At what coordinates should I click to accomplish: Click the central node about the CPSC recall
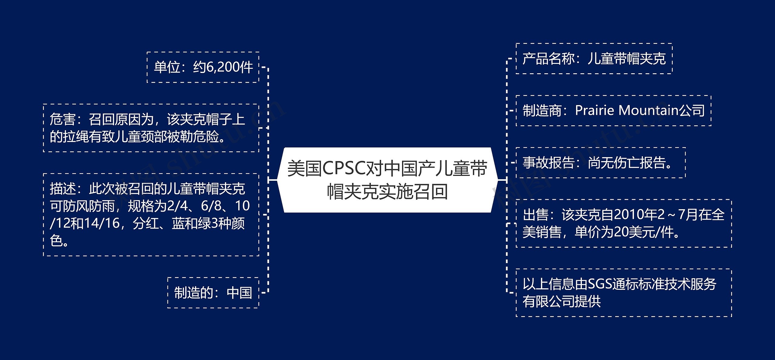(x=387, y=180)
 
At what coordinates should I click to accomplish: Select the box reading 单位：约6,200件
(x=203, y=67)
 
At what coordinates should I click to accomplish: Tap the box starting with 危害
(x=151, y=128)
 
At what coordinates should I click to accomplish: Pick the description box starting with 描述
(x=151, y=215)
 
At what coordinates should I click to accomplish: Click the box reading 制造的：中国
(x=213, y=293)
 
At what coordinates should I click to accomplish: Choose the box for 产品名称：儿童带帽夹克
(x=594, y=59)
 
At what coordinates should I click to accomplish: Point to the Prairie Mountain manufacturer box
(x=613, y=111)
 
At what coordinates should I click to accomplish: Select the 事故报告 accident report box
(x=601, y=163)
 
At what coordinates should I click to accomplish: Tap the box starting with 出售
(x=624, y=223)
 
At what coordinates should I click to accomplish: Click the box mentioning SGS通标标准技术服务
(x=624, y=293)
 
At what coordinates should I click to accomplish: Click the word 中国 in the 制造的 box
(x=239, y=293)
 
